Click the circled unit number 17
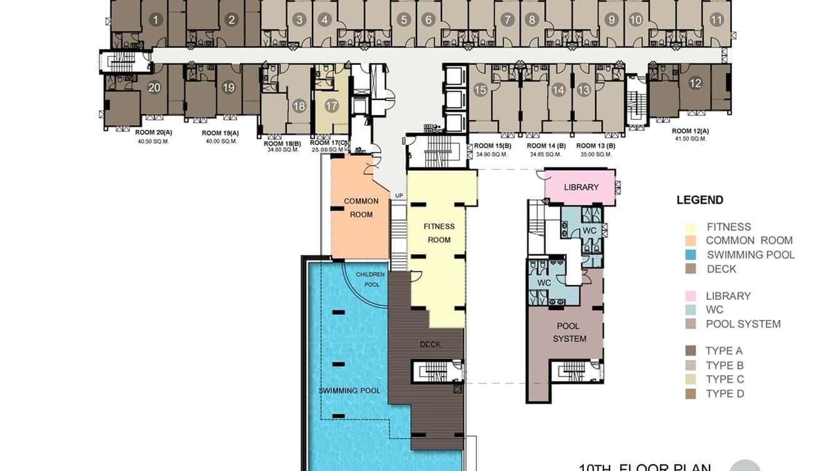(x=331, y=106)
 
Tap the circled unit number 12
(x=695, y=83)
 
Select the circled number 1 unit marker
(x=155, y=20)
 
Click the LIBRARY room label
(x=581, y=187)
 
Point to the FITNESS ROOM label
(x=439, y=233)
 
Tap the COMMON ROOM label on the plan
(x=361, y=207)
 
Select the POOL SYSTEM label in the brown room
(x=569, y=332)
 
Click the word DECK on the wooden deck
(x=430, y=344)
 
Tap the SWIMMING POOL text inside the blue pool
(x=349, y=391)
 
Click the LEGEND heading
(x=700, y=201)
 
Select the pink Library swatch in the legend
(x=691, y=296)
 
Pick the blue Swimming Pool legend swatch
(x=691, y=255)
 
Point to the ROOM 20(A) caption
(x=153, y=132)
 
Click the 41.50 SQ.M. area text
(x=690, y=139)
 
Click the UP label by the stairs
(x=399, y=196)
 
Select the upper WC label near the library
(x=589, y=231)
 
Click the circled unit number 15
(x=480, y=90)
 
